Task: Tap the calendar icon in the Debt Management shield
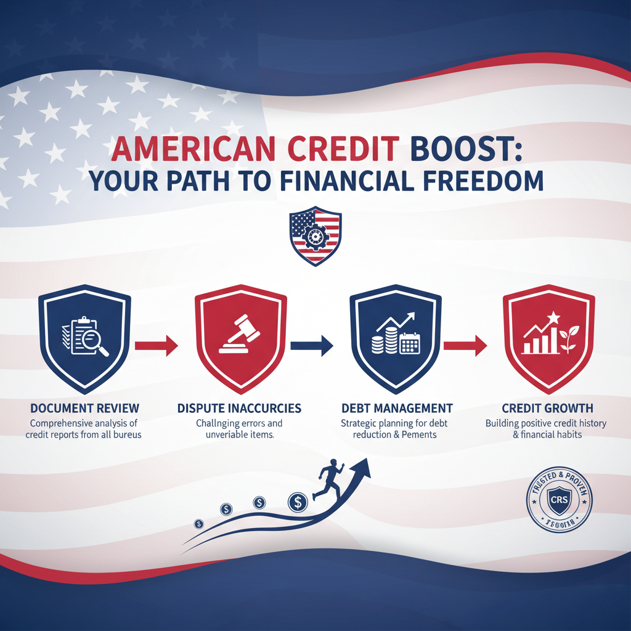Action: tap(409, 344)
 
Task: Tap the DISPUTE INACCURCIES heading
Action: tap(239, 408)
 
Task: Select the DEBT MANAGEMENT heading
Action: tap(397, 408)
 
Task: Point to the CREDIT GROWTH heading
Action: tap(548, 408)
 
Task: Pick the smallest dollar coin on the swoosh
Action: tap(198, 524)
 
